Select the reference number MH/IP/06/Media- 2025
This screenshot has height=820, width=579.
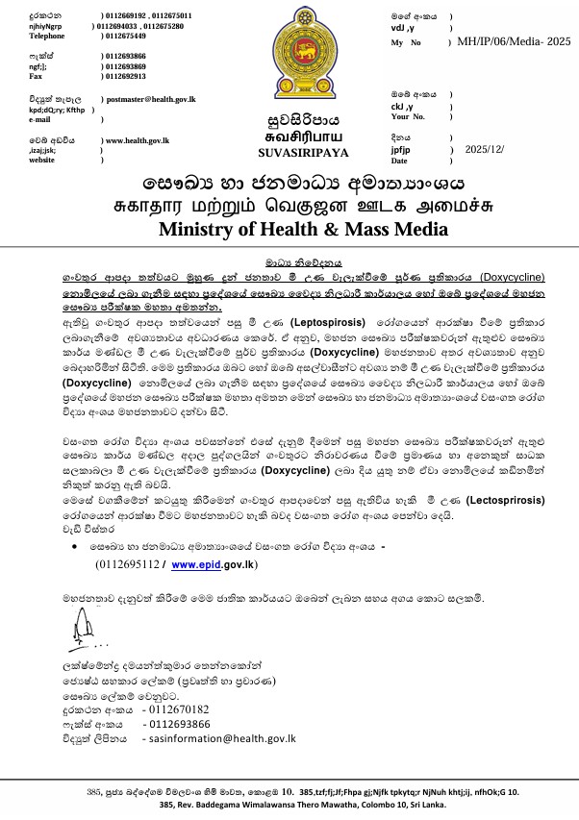515,43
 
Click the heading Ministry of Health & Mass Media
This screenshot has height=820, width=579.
289,229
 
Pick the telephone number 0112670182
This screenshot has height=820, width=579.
176,709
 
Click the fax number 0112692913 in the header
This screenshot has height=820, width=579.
126,75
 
